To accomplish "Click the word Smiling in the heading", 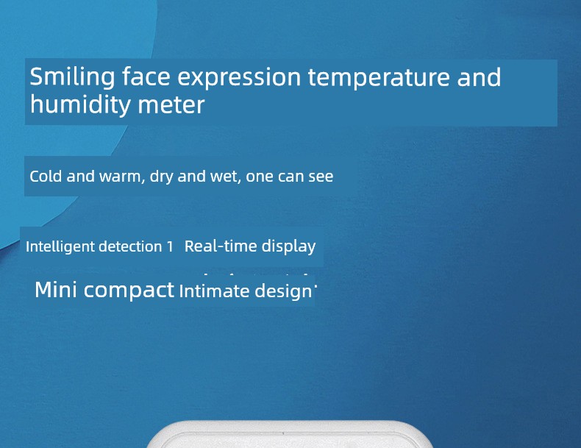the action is pyautogui.click(x=72, y=77).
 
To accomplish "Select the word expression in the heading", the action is pyautogui.click(x=239, y=78).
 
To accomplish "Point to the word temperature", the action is pyautogui.click(x=379, y=78).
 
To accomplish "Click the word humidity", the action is pyautogui.click(x=80, y=104).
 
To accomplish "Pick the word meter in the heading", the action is pyautogui.click(x=171, y=105).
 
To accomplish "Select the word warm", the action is pyautogui.click(x=120, y=177).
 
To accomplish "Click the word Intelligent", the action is pyautogui.click(x=60, y=246).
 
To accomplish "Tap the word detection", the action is pyautogui.click(x=130, y=246).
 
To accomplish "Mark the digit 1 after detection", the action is pyautogui.click(x=170, y=246).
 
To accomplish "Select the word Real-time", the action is pyautogui.click(x=221, y=246).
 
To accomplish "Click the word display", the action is pyautogui.click(x=288, y=246).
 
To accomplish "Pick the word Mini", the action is pyautogui.click(x=56, y=289).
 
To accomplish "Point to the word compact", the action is pyautogui.click(x=129, y=291).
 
